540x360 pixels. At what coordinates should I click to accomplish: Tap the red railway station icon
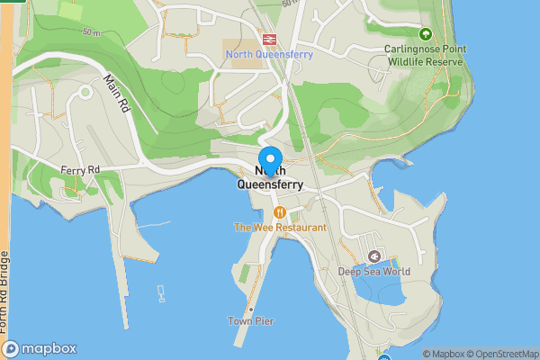point(268,39)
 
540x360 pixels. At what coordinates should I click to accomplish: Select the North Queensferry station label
point(268,54)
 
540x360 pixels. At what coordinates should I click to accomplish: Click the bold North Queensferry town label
point(270,177)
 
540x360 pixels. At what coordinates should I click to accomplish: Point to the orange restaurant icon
point(280,212)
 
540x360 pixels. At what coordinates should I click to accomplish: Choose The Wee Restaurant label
point(280,228)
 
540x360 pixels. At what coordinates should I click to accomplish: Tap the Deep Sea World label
point(374,272)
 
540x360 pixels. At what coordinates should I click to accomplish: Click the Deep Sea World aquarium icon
point(374,256)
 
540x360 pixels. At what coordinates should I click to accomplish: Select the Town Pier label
point(251,321)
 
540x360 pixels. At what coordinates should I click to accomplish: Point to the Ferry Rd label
point(80,169)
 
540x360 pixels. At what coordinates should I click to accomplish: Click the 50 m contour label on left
point(90,32)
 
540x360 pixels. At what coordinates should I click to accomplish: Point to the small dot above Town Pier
point(251,309)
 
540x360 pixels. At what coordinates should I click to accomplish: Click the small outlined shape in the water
point(161,292)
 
